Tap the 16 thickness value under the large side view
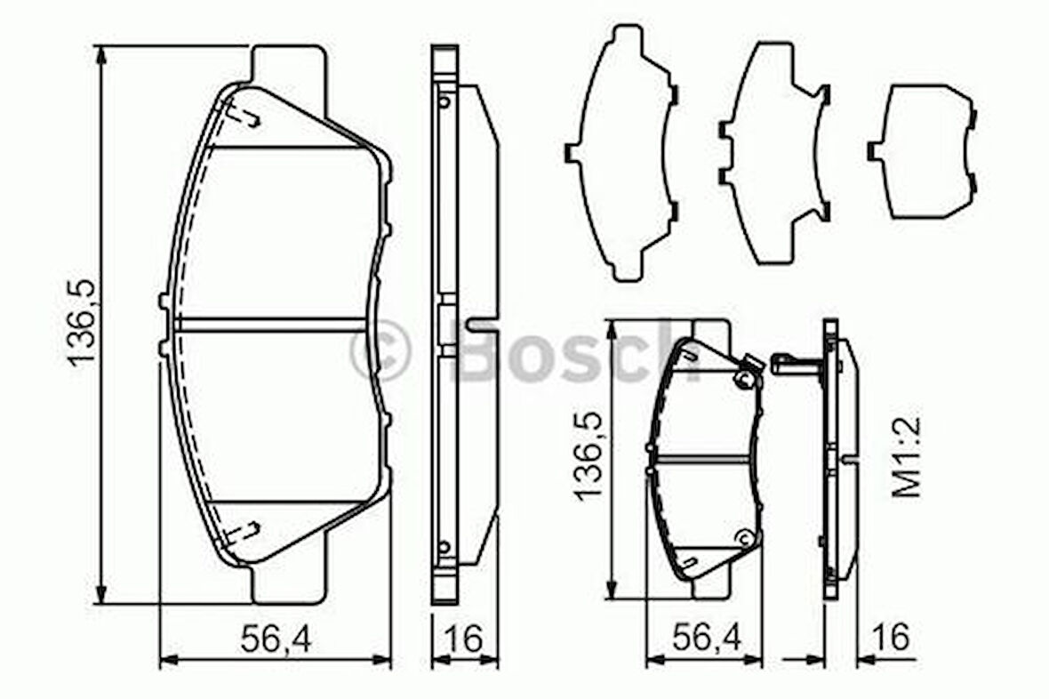[464, 639]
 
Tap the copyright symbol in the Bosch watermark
[380, 351]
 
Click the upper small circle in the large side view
[444, 101]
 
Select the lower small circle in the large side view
[444, 546]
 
